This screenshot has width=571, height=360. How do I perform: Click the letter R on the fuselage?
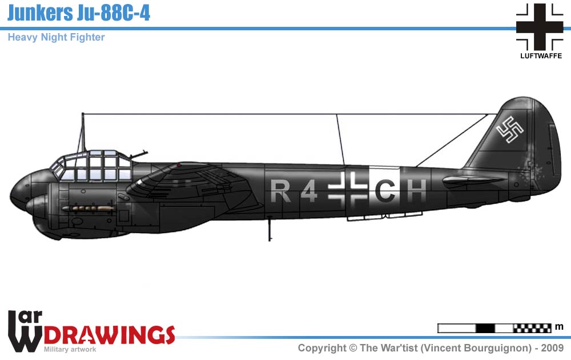[x=280, y=191]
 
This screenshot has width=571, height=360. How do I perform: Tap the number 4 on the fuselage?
[x=308, y=191]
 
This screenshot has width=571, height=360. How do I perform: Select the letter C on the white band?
[x=385, y=191]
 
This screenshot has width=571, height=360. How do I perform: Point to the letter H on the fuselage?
[x=417, y=191]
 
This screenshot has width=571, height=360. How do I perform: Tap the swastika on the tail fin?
[x=510, y=130]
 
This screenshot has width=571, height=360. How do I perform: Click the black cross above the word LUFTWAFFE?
[x=540, y=26]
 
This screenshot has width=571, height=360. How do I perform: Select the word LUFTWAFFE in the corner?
[x=540, y=56]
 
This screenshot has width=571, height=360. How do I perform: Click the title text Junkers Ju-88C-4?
[x=79, y=13]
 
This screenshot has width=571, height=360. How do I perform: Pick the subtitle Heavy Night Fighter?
[x=56, y=38]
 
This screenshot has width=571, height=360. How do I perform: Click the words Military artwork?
[x=70, y=349]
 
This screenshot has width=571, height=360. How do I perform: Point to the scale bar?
[x=494, y=328]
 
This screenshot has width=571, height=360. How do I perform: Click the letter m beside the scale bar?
[x=560, y=327]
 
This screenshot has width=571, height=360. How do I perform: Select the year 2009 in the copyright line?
[x=552, y=348]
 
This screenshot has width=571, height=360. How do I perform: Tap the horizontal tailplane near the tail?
[x=474, y=181]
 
